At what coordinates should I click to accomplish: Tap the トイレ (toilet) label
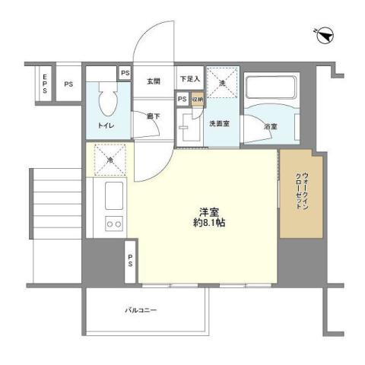tap(106, 125)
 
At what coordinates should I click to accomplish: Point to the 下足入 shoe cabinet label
tap(189, 79)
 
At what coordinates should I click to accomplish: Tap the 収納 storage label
tap(196, 99)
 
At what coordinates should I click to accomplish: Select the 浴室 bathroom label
tap(270, 126)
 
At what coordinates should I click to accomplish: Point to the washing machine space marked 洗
tap(223, 83)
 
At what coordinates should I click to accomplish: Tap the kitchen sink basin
tap(114, 195)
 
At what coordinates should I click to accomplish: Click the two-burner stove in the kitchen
tap(114, 224)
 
